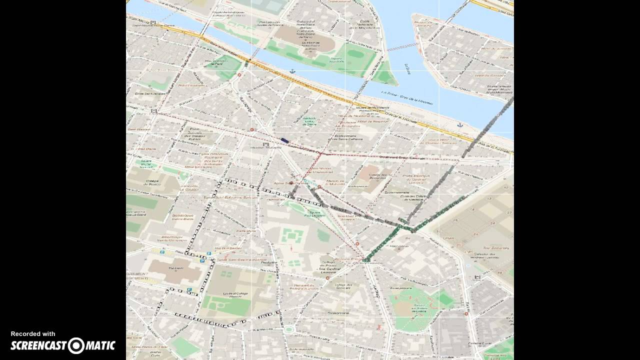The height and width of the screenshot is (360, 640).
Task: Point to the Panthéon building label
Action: coord(175,268)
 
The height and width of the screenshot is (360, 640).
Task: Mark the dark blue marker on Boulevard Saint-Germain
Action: coord(284,141)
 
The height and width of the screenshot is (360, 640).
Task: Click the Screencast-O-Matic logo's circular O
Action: coord(76,345)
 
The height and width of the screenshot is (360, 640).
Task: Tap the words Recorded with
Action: coord(33,334)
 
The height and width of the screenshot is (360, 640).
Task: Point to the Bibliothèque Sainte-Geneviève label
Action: coord(174,238)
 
